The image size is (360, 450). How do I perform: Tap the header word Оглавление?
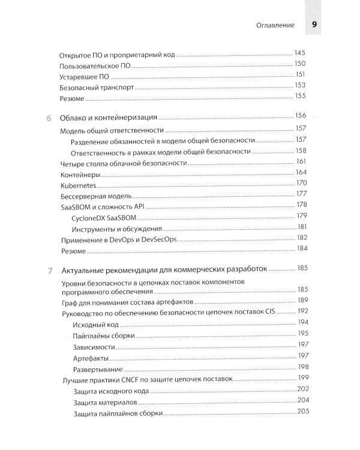point(274,26)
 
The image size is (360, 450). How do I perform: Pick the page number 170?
point(301,183)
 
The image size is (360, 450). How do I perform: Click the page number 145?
point(301,53)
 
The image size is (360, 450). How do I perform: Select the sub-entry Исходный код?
point(94,325)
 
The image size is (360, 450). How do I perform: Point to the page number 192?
point(302,311)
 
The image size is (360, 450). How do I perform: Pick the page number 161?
point(301,161)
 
